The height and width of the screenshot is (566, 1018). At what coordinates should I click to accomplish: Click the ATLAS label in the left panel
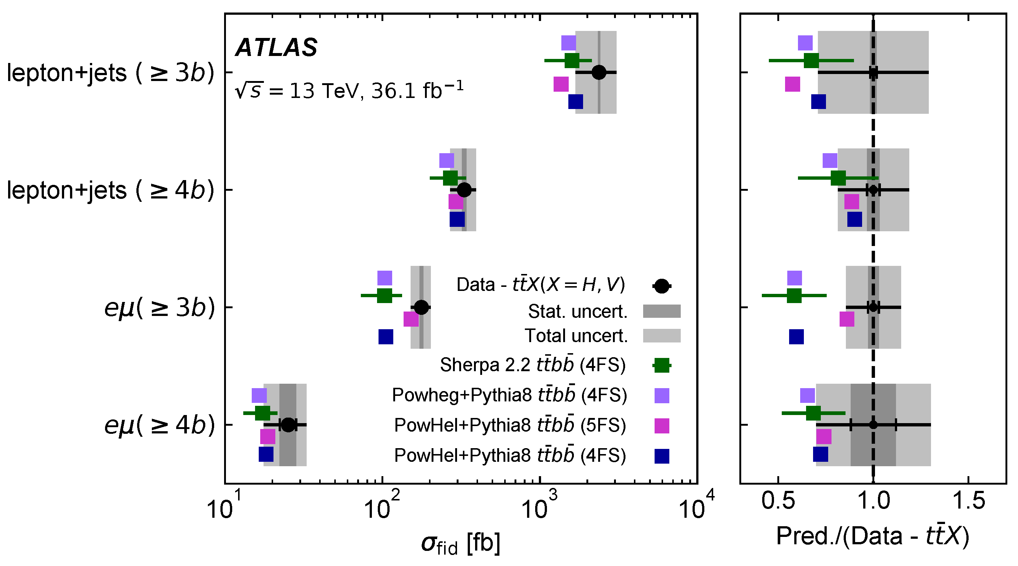pos(276,48)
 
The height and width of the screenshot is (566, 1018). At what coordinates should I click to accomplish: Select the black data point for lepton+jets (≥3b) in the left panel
pos(599,72)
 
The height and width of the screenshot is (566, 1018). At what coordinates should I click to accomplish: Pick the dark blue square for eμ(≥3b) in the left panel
pos(386,337)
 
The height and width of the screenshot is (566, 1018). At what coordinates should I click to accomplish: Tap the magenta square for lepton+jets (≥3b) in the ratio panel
pos(792,84)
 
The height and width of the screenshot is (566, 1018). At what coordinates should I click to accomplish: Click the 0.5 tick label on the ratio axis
pos(778,501)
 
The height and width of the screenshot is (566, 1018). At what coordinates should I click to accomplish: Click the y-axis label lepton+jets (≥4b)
pos(111,190)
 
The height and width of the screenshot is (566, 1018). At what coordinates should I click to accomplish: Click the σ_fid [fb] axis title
pos(461,544)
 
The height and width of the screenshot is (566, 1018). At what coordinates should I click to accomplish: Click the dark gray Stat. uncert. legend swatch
pos(662,311)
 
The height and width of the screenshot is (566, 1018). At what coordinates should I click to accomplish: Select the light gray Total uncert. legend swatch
pos(662,335)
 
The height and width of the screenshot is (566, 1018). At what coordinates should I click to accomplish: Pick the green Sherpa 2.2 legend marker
pos(662,365)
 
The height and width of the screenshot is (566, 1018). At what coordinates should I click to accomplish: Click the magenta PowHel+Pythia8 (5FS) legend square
pos(662,426)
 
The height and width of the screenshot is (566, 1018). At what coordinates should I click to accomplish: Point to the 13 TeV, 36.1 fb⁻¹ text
pos(349,91)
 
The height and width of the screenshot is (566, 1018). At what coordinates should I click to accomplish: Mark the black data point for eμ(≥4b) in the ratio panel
pos(874,425)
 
